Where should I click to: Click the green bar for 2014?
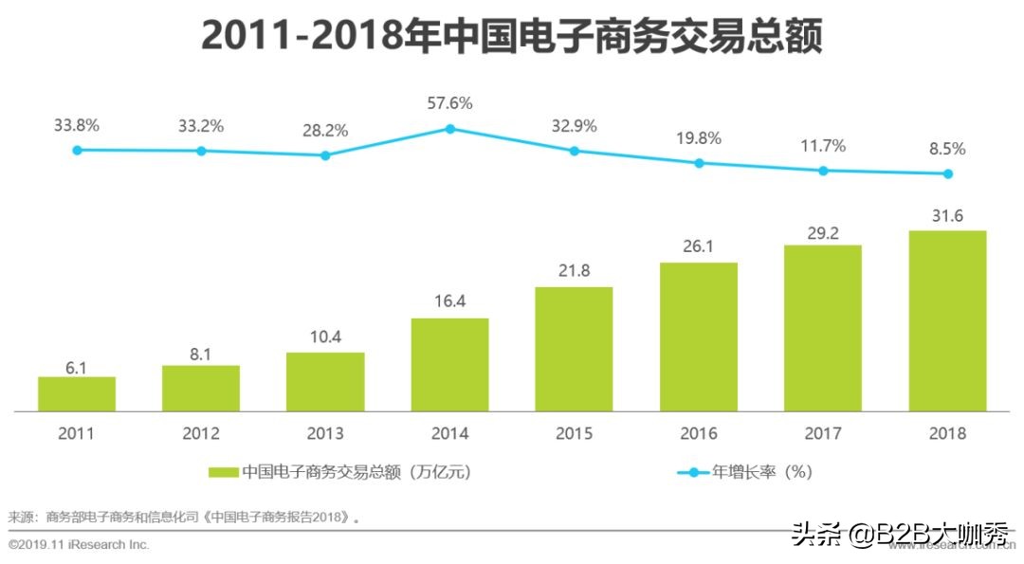[449, 364]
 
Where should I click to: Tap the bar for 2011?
[77, 393]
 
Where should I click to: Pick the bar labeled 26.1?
[698, 337]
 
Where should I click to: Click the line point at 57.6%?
[450, 128]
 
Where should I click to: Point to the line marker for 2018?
[947, 173]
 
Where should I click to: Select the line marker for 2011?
[77, 150]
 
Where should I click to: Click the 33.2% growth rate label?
[200, 126]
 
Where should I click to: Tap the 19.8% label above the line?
[698, 138]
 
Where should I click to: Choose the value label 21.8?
[574, 271]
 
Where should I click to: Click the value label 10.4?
[325, 337]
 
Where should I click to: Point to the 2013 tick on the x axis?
[325, 433]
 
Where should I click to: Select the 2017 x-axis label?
[822, 433]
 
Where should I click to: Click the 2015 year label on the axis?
[574, 433]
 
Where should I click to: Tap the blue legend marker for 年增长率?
[691, 471]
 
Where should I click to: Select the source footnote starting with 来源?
[185, 518]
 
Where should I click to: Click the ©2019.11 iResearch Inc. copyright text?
[79, 545]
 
